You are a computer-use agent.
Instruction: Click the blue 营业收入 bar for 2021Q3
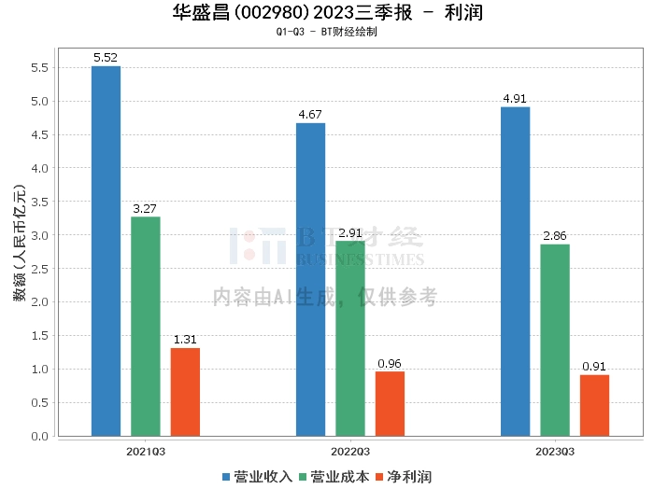106,251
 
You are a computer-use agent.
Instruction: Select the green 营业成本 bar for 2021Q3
145,327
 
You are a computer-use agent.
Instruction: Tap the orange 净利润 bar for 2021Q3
185,392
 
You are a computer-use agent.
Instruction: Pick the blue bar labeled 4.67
310,279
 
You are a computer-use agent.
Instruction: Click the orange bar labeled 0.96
390,403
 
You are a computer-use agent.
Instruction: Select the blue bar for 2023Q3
515,272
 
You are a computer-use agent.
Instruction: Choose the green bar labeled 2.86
555,340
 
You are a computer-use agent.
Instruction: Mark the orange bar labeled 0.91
594,405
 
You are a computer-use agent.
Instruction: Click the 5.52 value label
106,58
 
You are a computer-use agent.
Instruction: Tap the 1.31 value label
185,340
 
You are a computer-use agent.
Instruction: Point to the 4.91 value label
515,99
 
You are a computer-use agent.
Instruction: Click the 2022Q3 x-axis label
350,451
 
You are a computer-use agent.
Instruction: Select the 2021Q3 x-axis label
146,451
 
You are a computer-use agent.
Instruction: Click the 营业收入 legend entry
258,476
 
